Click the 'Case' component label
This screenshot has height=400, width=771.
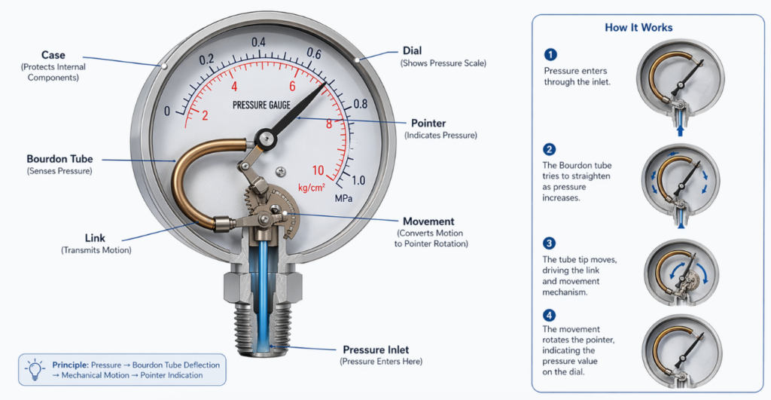(x=53, y=55)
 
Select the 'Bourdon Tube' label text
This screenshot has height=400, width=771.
(x=59, y=159)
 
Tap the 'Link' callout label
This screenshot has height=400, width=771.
(x=95, y=238)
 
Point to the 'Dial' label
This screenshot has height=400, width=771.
(x=412, y=50)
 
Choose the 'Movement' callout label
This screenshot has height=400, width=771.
(x=428, y=221)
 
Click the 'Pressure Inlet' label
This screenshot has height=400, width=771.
(x=376, y=350)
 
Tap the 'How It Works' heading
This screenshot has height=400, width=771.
(x=638, y=28)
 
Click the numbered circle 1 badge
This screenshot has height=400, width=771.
(x=550, y=54)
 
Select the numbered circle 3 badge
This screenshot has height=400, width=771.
(x=549, y=243)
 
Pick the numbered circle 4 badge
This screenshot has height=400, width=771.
(x=549, y=316)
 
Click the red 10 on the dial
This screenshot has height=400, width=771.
(x=318, y=170)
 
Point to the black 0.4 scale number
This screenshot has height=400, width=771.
(x=259, y=43)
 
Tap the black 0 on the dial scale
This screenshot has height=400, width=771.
(x=166, y=111)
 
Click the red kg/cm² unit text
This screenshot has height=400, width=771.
(x=312, y=188)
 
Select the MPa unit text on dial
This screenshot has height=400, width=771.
(x=343, y=198)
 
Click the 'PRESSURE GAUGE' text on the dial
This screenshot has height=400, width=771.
(x=261, y=105)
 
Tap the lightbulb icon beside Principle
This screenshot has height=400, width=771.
(x=35, y=370)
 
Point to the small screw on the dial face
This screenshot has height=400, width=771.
(x=281, y=171)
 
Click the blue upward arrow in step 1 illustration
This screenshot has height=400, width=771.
(x=681, y=130)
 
